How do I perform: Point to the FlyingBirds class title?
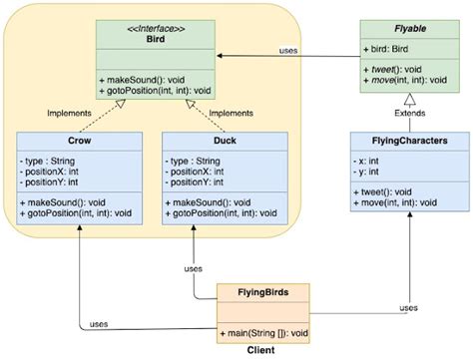click(x=262, y=293)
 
